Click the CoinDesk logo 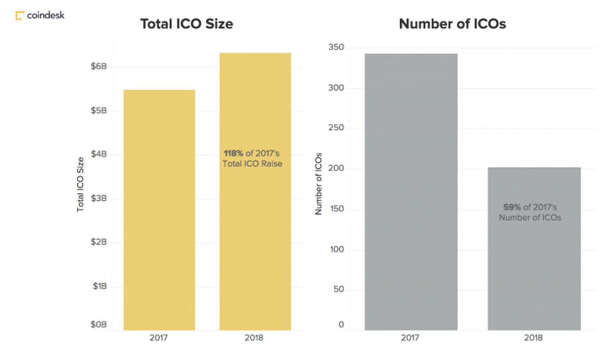tap(39, 14)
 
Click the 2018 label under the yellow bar tap(255, 339)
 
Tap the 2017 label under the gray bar tap(411, 339)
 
